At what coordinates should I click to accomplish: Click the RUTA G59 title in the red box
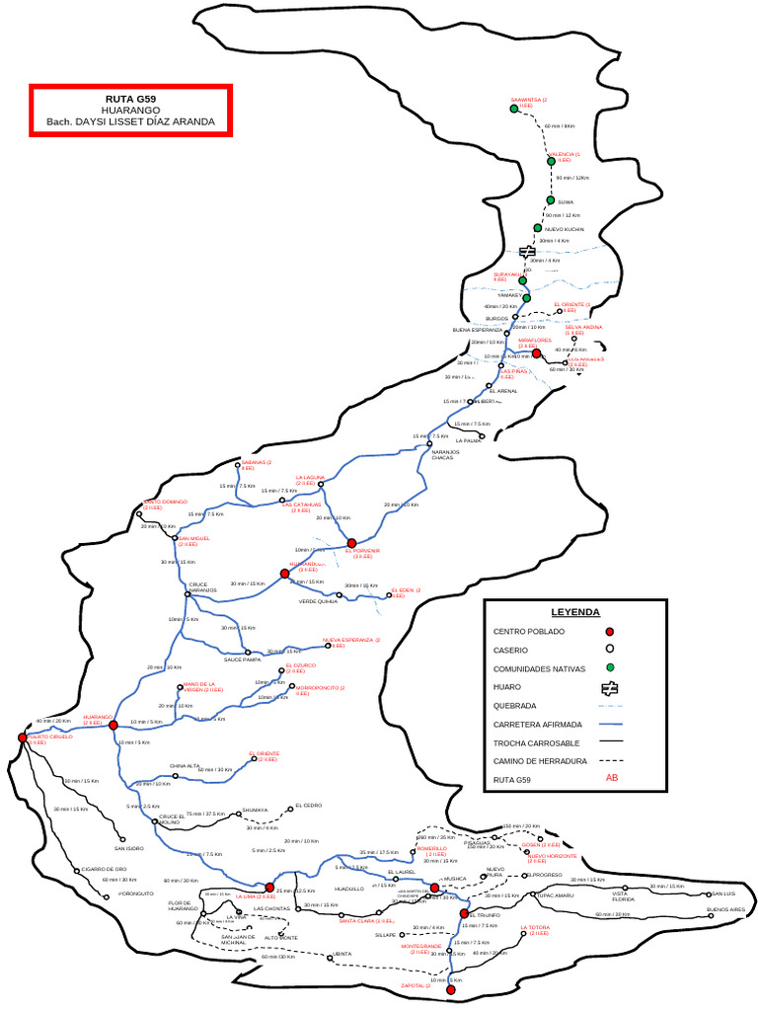pos(130,100)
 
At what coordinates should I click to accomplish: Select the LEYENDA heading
pos(574,612)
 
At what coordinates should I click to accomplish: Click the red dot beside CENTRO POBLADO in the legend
pos(610,631)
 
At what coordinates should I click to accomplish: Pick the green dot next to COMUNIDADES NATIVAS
pos(610,668)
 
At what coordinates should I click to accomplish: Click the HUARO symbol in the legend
pos(610,687)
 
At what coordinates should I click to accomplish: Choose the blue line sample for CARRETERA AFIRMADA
pos(610,724)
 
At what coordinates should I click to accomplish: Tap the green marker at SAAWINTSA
pos(514,109)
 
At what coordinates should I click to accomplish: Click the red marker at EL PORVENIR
pos(350,542)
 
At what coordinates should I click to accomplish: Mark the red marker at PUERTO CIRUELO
pos(22,738)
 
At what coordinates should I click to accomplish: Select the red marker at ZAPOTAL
pos(450,988)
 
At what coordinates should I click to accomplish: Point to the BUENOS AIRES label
pos(725,909)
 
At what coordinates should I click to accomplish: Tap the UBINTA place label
pos(342,954)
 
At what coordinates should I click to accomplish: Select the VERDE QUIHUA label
pos(318,600)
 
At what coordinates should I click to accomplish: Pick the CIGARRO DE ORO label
pos(104,869)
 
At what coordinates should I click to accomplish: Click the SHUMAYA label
pos(255,810)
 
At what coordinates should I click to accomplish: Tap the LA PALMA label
pos(469,441)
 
